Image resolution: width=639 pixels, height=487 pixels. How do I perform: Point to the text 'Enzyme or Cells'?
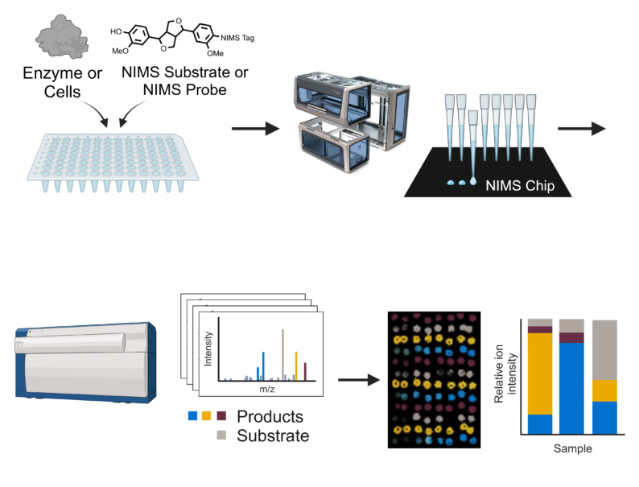62,83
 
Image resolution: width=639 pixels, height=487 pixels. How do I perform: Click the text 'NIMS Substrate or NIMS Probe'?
185,83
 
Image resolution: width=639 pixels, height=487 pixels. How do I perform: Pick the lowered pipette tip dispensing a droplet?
472,145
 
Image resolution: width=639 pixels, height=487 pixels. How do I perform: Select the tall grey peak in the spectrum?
282,353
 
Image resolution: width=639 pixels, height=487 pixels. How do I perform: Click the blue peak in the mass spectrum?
263,365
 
